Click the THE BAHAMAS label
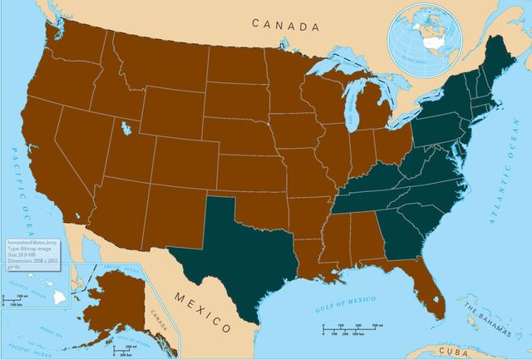[x=485, y=317]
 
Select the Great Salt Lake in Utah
[x=125, y=129]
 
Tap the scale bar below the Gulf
[x=349, y=331]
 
